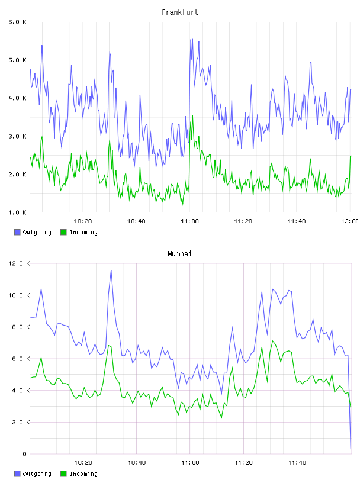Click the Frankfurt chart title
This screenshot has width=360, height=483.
point(180,12)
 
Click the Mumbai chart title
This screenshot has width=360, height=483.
point(179,254)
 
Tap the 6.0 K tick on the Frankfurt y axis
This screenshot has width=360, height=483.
point(18,22)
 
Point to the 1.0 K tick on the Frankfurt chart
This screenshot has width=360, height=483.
point(18,212)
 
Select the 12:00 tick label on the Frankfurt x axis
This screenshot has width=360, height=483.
point(349,221)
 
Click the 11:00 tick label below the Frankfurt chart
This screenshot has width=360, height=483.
point(189,221)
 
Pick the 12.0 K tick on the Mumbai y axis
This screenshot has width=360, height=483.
point(19,263)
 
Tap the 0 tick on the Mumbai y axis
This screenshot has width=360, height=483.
point(25,454)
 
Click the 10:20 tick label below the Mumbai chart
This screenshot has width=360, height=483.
point(83,463)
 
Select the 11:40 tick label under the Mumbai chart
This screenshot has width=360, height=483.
point(297,463)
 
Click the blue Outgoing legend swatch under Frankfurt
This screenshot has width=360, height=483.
point(17,232)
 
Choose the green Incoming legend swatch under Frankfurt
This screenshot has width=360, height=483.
point(63,232)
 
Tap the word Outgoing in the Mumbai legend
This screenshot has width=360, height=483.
point(37,474)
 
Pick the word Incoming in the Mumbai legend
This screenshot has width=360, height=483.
point(83,474)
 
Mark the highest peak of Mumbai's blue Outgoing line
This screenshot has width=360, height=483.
point(111,270)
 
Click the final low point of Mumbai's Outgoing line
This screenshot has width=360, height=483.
point(351,449)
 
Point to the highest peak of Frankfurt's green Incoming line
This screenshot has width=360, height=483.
point(192,115)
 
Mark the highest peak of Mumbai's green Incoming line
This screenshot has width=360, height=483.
point(272,341)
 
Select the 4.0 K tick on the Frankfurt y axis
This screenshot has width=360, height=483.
point(18,98)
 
